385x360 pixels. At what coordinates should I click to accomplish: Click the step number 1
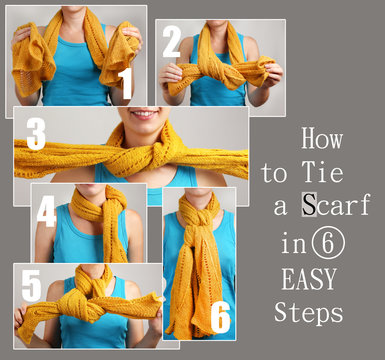tap(125, 84)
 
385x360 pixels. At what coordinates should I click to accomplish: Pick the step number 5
tap(32, 286)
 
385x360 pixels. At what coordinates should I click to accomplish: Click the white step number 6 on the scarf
tap(219, 316)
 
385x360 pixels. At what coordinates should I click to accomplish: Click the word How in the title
tap(321, 139)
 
